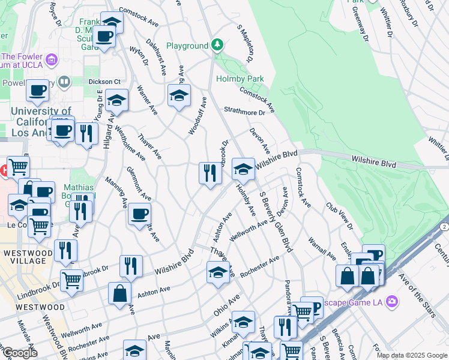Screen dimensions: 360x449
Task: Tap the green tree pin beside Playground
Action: point(217,45)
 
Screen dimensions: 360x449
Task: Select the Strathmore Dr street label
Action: point(244,112)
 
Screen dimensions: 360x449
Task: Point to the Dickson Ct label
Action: point(105,81)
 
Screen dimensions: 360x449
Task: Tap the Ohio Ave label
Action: point(226,305)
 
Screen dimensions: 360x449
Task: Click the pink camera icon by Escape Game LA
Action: point(392,301)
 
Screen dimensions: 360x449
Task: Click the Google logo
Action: point(19,353)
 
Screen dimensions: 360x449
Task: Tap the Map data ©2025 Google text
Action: point(411,355)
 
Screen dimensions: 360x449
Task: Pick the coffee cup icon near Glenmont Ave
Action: point(139,213)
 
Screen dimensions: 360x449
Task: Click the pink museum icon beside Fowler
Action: point(52,59)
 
